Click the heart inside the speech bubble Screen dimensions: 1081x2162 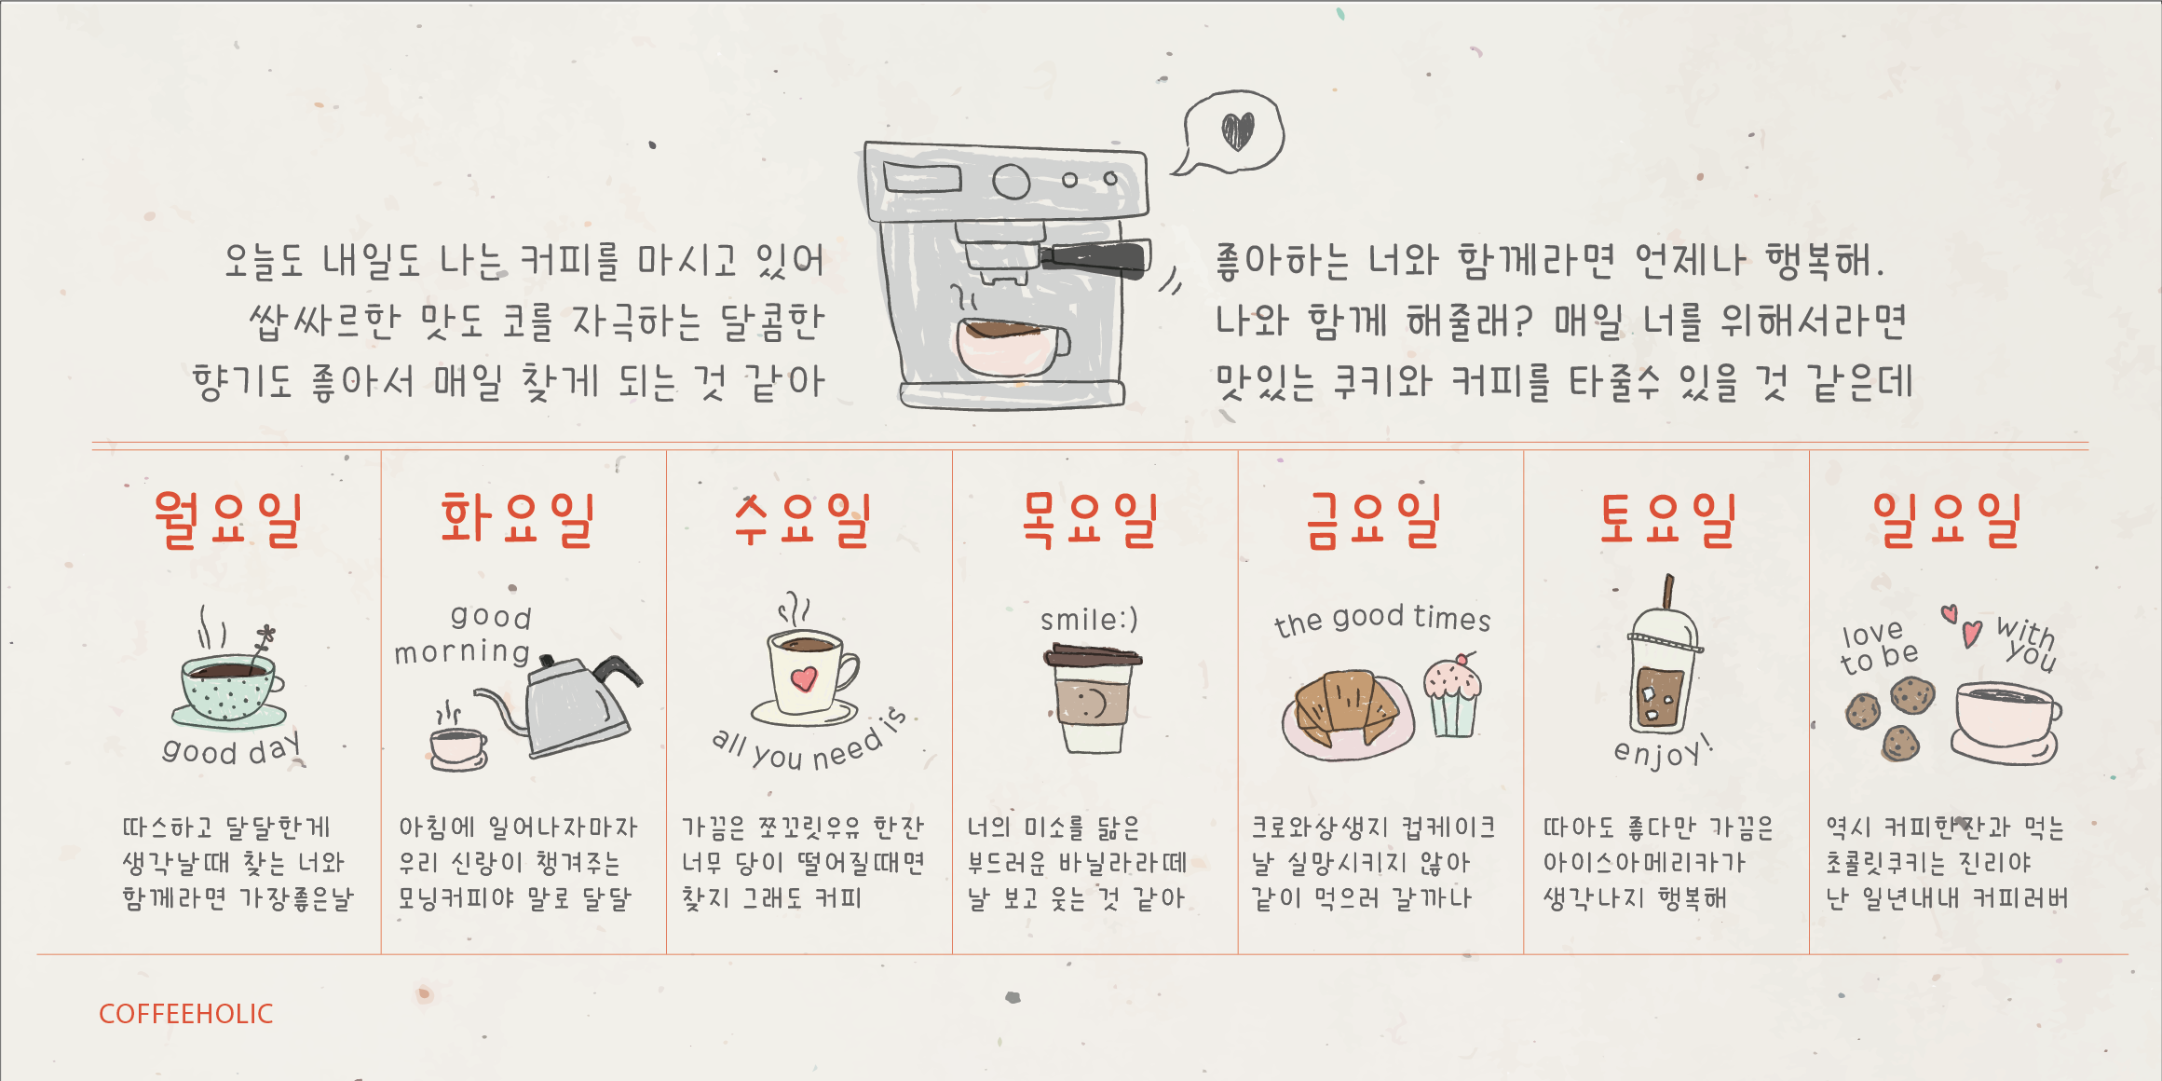point(1238,131)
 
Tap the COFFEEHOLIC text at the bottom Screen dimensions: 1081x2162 point(186,1014)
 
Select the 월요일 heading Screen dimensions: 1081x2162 point(229,520)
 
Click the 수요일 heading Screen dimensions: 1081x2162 point(803,520)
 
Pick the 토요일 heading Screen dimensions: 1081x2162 point(1667,520)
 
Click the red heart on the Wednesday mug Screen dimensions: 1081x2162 point(804,678)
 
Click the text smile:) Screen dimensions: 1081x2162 point(1089,620)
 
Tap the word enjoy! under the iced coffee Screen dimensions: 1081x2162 point(1663,751)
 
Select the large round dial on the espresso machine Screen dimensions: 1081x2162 point(1011,182)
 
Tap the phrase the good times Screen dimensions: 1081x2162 point(1382,620)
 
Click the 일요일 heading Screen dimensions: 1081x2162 point(1948,520)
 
